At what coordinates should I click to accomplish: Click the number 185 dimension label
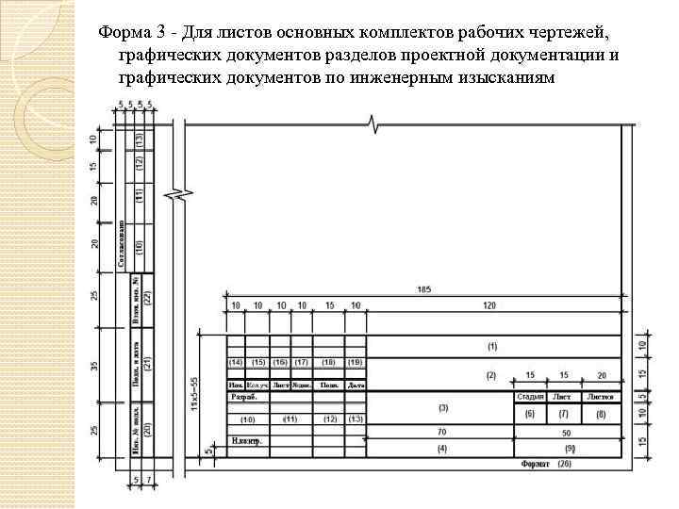click(422, 287)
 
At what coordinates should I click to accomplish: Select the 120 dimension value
click(489, 306)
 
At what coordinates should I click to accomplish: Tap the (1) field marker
click(491, 347)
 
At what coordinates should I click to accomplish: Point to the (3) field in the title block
click(442, 407)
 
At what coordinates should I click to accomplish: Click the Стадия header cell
click(530, 397)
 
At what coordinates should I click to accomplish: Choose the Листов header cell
click(601, 397)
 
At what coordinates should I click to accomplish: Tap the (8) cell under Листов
click(601, 414)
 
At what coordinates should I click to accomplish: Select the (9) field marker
click(569, 448)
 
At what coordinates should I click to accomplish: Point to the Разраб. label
click(243, 397)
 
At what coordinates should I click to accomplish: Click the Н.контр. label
click(245, 440)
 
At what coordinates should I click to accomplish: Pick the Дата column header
click(356, 385)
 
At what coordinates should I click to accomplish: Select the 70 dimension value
click(441, 431)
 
